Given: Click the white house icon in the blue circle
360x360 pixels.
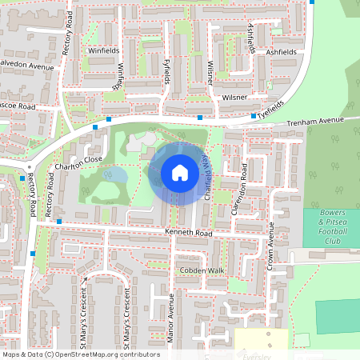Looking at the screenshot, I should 180,173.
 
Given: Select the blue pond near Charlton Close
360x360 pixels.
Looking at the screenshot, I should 114,174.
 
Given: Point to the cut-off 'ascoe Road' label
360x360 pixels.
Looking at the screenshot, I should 18,106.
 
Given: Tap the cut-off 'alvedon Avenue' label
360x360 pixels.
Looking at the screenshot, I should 26,66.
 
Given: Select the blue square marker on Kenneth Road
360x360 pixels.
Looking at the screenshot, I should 59,220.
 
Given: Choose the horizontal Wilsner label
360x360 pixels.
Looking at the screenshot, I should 236,97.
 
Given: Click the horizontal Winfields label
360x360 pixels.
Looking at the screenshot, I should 103,50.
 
